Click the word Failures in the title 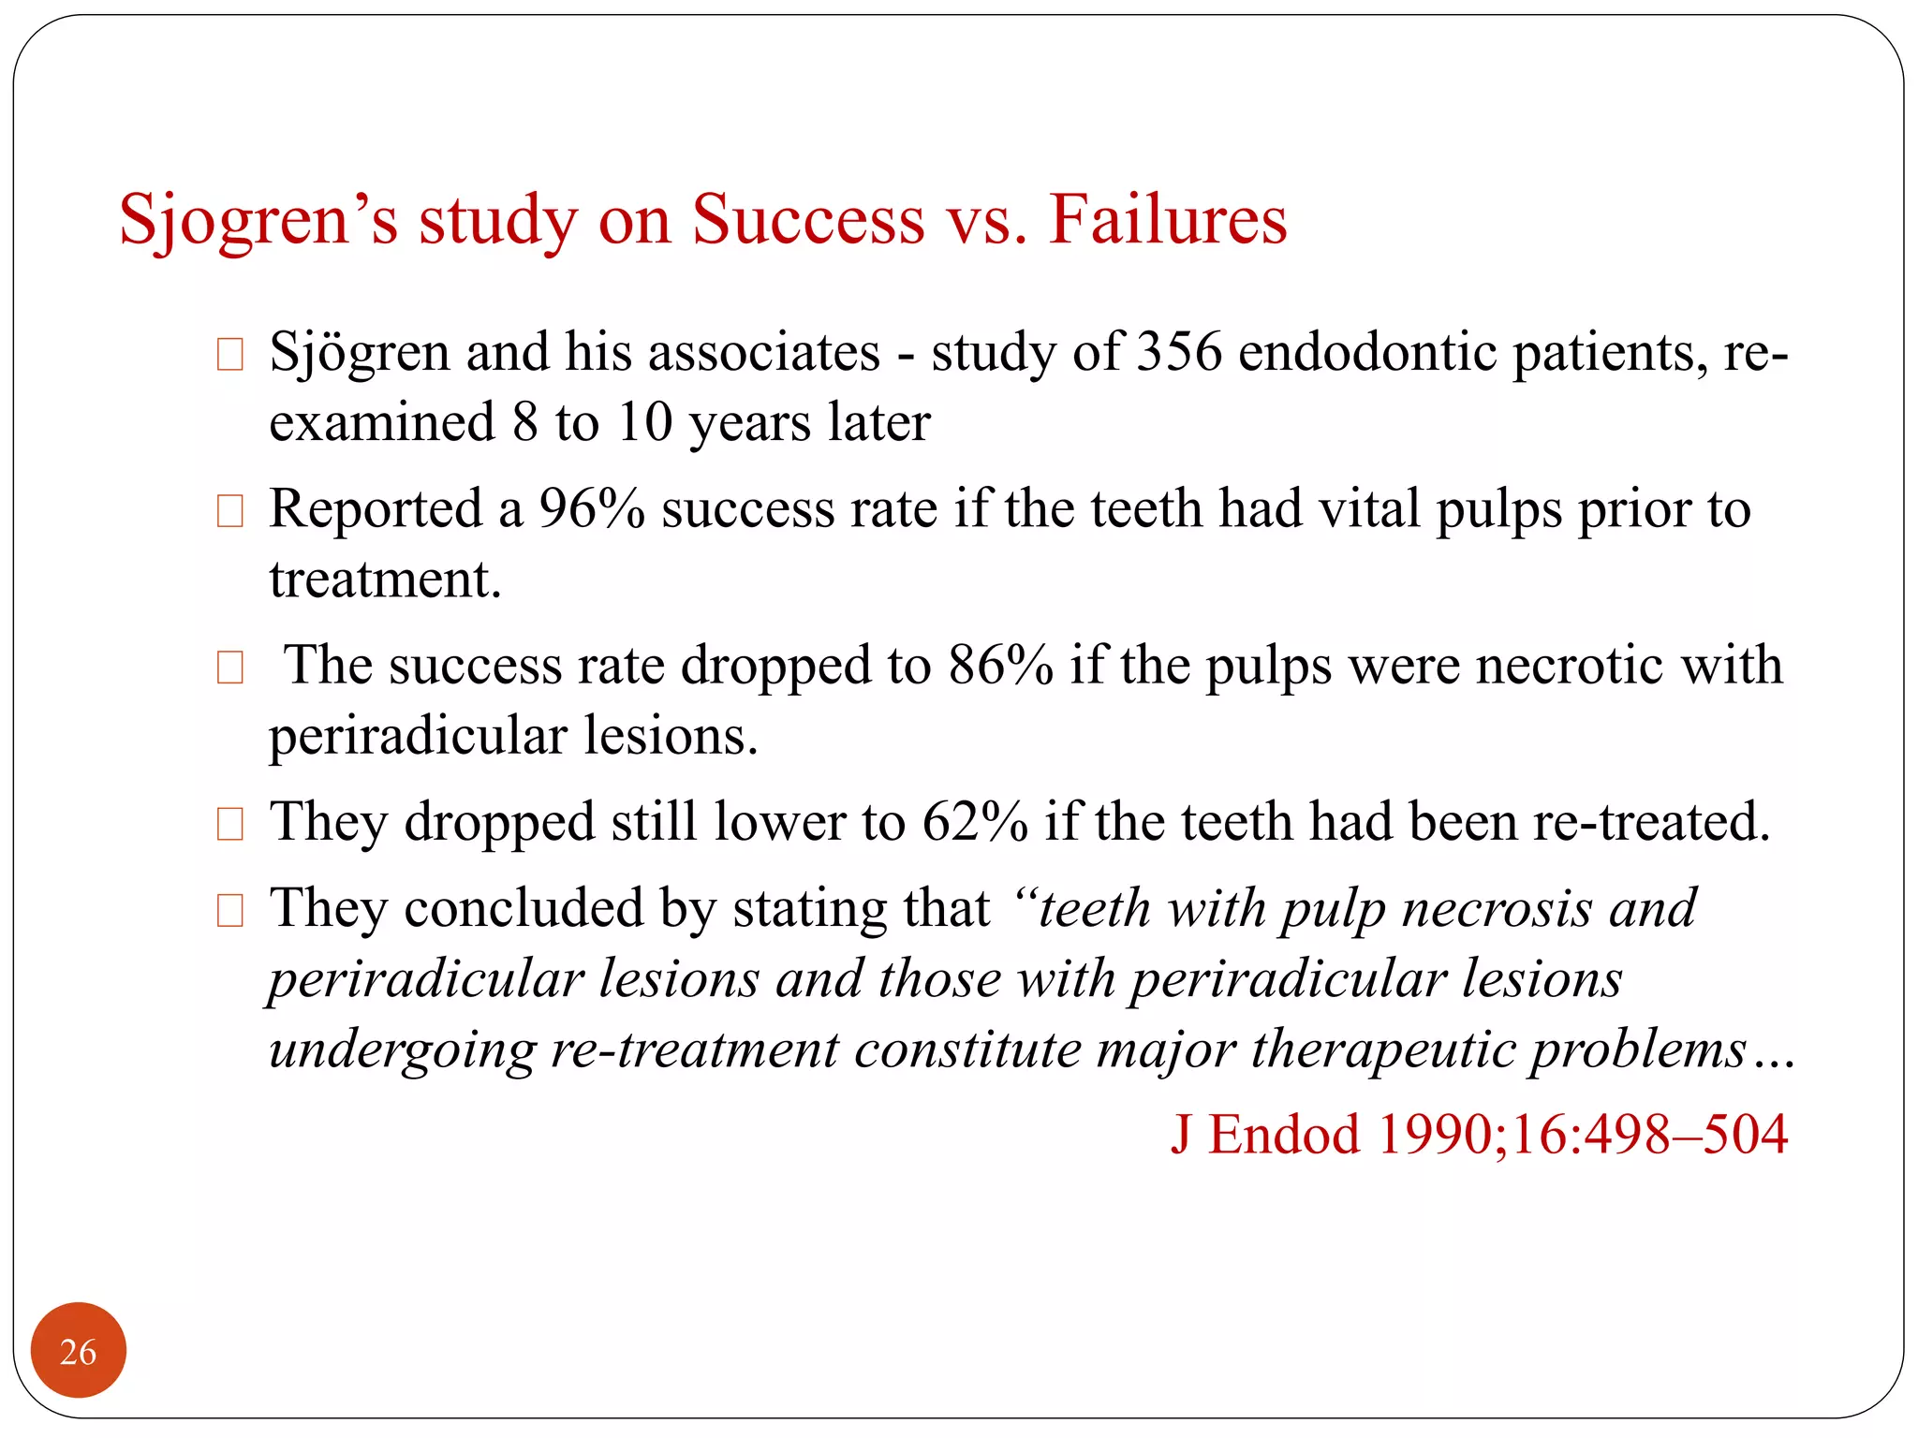1168,220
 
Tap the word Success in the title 808,220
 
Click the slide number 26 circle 78,1351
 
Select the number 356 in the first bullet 1179,353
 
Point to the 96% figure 592,510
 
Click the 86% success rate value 1000,667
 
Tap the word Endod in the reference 1284,1135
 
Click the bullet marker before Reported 229,511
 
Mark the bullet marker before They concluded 229,910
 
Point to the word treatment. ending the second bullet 385,580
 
